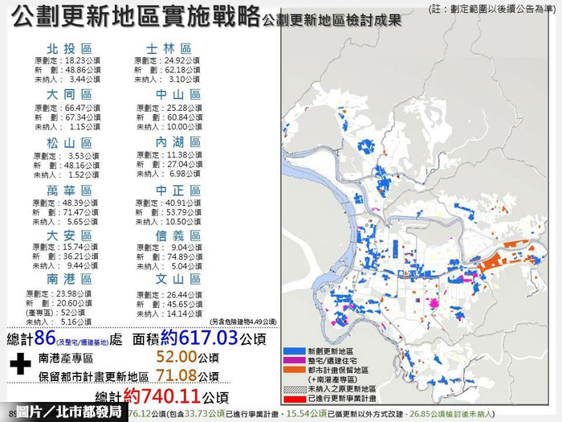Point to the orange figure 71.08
tap(178, 376)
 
